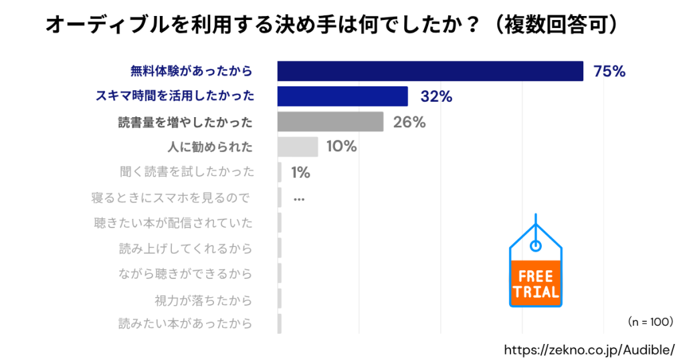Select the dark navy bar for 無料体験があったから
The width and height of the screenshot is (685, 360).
click(430, 71)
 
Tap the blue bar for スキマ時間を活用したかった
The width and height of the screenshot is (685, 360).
click(342, 96)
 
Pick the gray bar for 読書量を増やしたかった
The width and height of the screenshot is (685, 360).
click(330, 122)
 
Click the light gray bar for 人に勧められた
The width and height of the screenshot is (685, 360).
click(298, 147)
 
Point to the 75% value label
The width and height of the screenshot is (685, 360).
click(609, 72)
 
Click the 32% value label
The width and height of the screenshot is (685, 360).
click(436, 96)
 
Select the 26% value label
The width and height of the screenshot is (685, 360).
click(409, 122)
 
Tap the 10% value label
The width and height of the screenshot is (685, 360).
click(341, 147)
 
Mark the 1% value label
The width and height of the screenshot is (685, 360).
click(300, 172)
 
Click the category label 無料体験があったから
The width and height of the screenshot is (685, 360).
click(191, 71)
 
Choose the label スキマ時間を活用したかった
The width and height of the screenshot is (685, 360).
click(175, 96)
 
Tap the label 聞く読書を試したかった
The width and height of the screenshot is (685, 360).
click(187, 172)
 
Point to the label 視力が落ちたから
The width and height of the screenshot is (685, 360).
click(203, 299)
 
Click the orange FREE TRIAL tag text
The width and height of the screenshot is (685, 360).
click(534, 284)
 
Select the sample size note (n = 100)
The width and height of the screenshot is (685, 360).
click(650, 322)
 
